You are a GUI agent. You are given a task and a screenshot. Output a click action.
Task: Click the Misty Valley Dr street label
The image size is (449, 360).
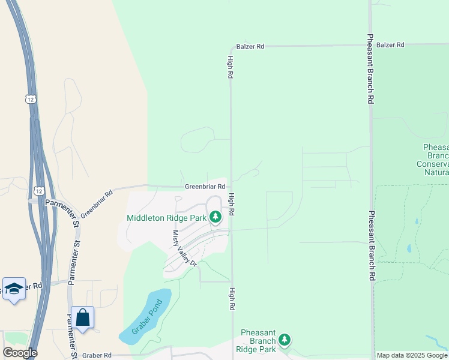(x=184, y=248)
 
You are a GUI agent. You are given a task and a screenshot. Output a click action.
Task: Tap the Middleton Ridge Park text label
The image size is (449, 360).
(x=166, y=217)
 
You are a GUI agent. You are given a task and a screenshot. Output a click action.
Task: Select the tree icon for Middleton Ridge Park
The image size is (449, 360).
(x=215, y=217)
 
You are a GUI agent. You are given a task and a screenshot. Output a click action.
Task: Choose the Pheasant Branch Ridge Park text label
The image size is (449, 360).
(x=258, y=341)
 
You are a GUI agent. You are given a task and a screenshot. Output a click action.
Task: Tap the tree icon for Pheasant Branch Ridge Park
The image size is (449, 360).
(x=285, y=340)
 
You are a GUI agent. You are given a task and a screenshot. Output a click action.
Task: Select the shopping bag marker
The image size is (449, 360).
(x=83, y=317)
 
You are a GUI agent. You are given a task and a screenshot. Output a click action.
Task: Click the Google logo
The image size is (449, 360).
(x=20, y=353)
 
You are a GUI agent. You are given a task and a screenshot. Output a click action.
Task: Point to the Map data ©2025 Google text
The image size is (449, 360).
(x=412, y=356)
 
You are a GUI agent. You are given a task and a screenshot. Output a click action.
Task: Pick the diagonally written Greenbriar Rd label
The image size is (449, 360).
(x=97, y=203)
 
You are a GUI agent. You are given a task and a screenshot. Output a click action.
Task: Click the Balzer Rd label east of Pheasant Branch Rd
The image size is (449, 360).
(x=390, y=45)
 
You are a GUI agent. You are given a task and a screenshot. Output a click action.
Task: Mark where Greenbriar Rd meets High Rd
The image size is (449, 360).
(x=231, y=187)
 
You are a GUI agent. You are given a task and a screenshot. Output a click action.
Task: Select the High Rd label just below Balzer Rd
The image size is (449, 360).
(x=230, y=67)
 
